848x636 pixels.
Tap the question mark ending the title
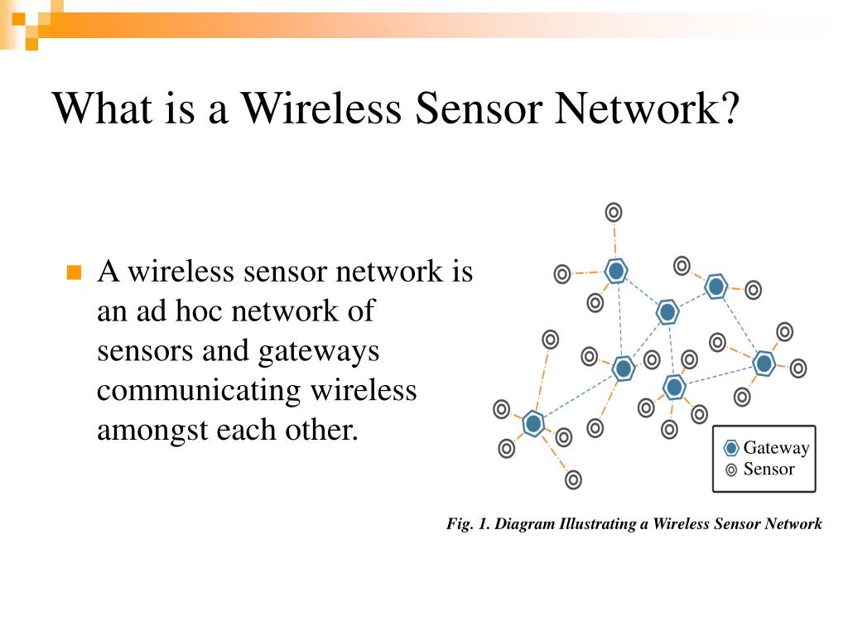(726, 108)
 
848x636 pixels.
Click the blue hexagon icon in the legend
(731, 448)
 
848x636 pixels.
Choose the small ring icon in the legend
(731, 470)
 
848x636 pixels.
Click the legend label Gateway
(776, 448)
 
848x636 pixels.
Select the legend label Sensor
(768, 470)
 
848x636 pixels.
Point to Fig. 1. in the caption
(468, 523)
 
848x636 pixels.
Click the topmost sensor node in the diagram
(613, 212)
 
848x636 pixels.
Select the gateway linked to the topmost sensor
(615, 270)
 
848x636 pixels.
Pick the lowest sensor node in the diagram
(573, 479)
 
